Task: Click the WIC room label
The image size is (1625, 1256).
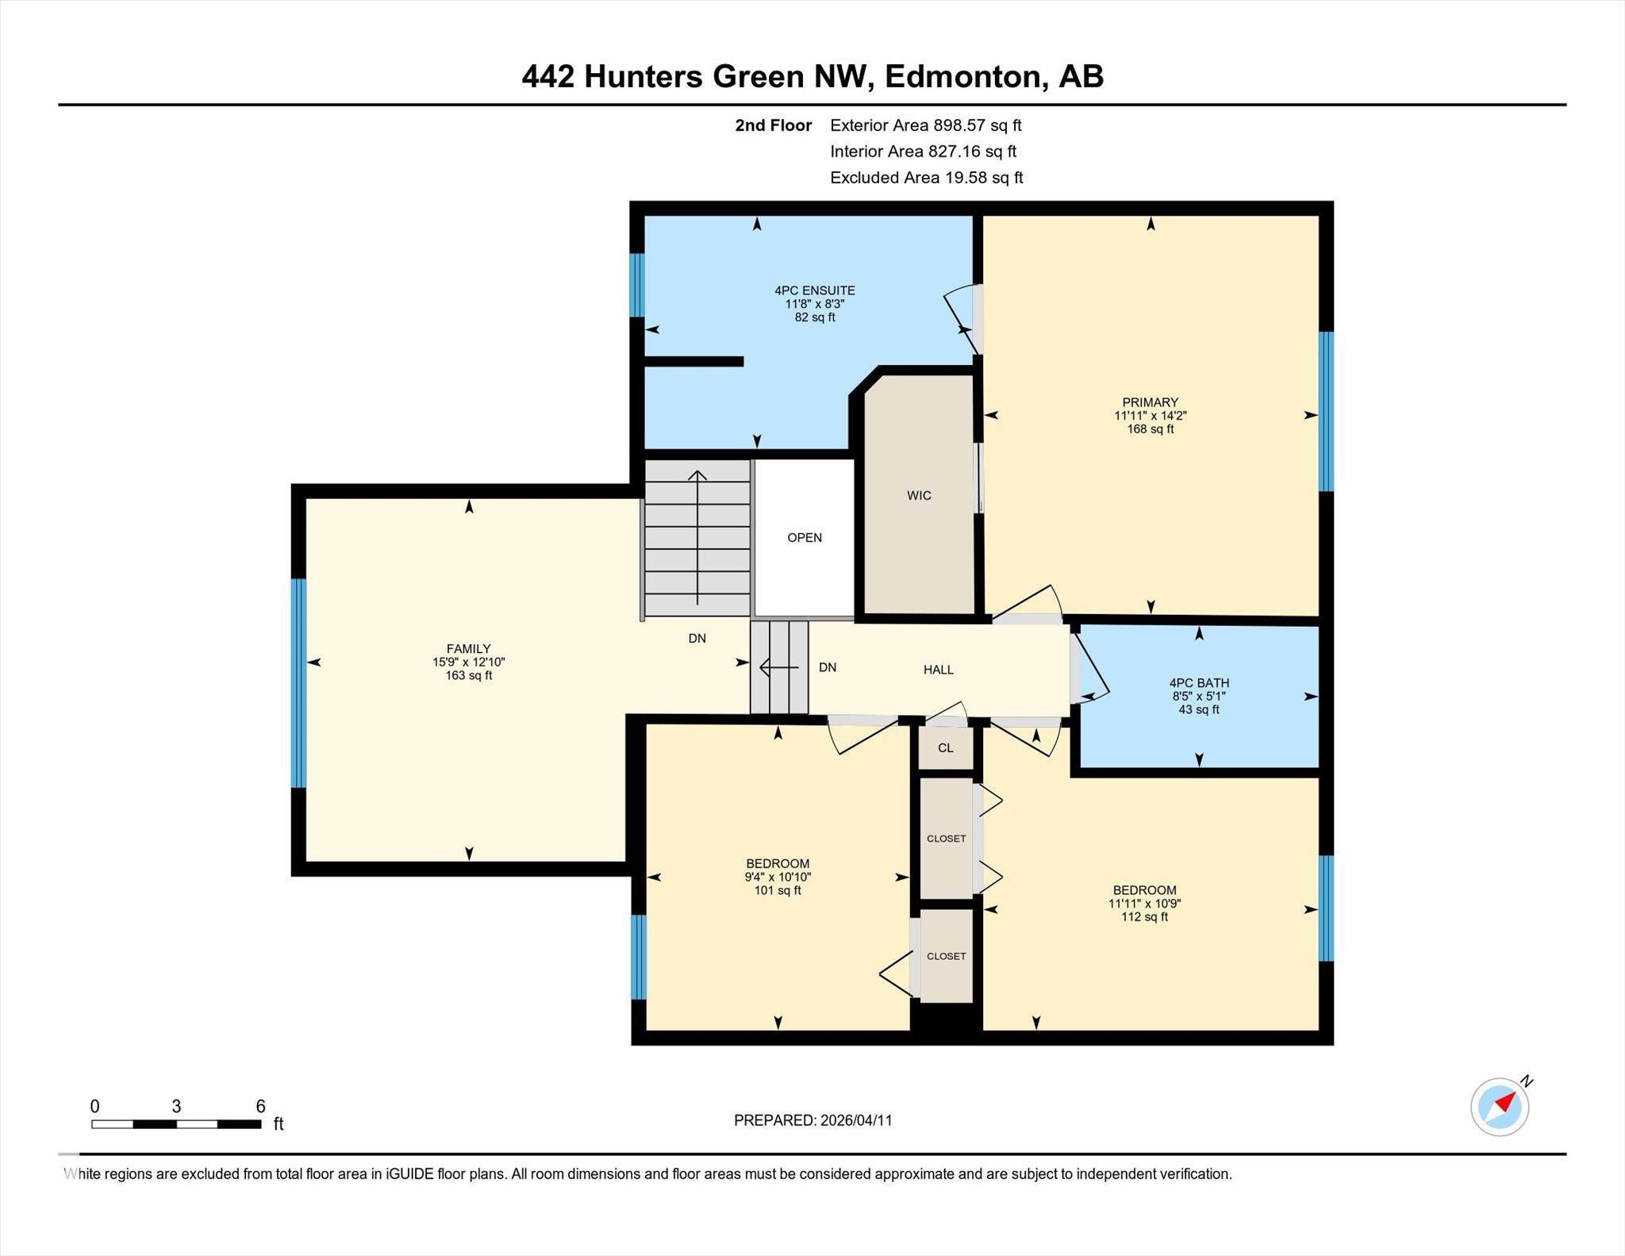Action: pos(919,496)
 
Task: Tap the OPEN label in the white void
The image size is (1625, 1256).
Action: pos(804,538)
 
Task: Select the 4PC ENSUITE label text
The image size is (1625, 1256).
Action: pos(814,290)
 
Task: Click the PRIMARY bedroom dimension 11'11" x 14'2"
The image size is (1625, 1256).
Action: pos(1150,416)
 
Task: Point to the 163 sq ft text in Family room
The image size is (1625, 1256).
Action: pos(468,676)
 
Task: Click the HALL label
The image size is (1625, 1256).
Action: pos(938,670)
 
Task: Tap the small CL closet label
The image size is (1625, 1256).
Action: pos(945,747)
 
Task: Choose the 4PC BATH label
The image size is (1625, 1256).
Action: pos(1198,682)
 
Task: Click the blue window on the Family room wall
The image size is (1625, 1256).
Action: pos(298,682)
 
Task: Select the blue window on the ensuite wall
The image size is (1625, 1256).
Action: pos(636,285)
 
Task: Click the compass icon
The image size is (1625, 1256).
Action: pos(1500,1106)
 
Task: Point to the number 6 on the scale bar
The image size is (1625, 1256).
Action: pos(260,1106)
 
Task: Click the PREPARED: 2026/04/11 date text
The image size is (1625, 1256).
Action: pos(812,1120)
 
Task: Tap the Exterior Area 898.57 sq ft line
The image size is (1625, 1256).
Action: pos(925,125)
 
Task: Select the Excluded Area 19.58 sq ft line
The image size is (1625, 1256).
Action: pos(926,178)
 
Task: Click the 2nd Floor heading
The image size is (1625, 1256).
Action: pos(773,125)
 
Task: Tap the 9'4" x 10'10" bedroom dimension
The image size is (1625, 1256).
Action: pos(777,878)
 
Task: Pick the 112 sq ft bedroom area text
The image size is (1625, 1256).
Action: pos(1143,917)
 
